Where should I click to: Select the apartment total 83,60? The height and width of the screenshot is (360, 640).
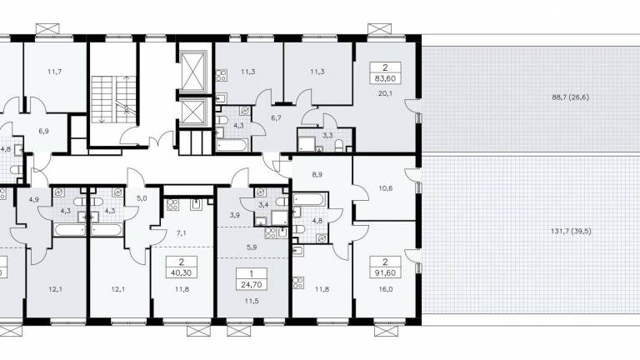pos(385,78)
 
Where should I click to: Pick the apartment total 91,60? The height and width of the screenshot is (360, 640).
pos(385,273)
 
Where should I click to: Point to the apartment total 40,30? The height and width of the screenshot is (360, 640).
pos(181,273)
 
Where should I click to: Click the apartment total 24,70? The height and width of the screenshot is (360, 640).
pos(252,284)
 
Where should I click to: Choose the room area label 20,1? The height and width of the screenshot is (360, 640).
pos(385,93)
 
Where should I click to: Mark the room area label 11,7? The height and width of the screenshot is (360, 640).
pos(54,72)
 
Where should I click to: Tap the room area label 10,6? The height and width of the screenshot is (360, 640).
pos(385,188)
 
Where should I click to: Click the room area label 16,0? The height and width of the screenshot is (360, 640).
pos(385,289)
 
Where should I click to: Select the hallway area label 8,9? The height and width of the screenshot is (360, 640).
pos(317,174)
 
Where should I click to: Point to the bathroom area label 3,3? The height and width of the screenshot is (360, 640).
pos(327,135)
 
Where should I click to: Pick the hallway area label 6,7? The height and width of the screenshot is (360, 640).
pos(277,118)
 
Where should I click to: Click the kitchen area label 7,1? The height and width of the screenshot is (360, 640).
pos(181,233)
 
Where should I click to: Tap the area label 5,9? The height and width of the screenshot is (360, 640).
pos(252,247)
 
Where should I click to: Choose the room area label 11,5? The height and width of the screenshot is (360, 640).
pos(252,301)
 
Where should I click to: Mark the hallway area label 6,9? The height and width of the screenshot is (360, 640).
pos(43,131)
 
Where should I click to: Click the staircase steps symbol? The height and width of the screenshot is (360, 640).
pos(113,99)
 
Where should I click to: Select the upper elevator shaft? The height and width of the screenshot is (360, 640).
pos(193,72)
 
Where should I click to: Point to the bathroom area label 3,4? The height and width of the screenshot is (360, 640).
pos(263,205)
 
